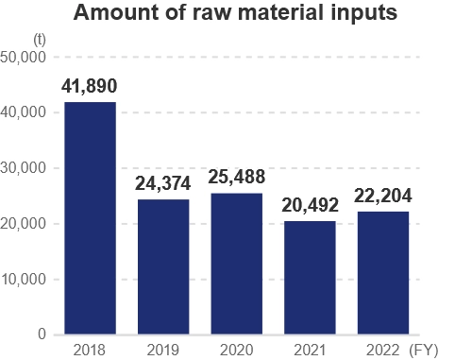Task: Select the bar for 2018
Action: point(90,218)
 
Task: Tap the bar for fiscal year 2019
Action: point(163,267)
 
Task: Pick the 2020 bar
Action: point(236,265)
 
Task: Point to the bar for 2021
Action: point(310,278)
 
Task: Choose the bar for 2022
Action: point(383,273)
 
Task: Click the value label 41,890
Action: point(90,86)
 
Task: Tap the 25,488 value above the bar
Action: point(236,178)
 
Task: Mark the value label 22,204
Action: point(383,197)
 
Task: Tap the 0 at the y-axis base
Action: point(42,334)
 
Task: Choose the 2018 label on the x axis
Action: point(90,350)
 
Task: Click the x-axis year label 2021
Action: point(310,350)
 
